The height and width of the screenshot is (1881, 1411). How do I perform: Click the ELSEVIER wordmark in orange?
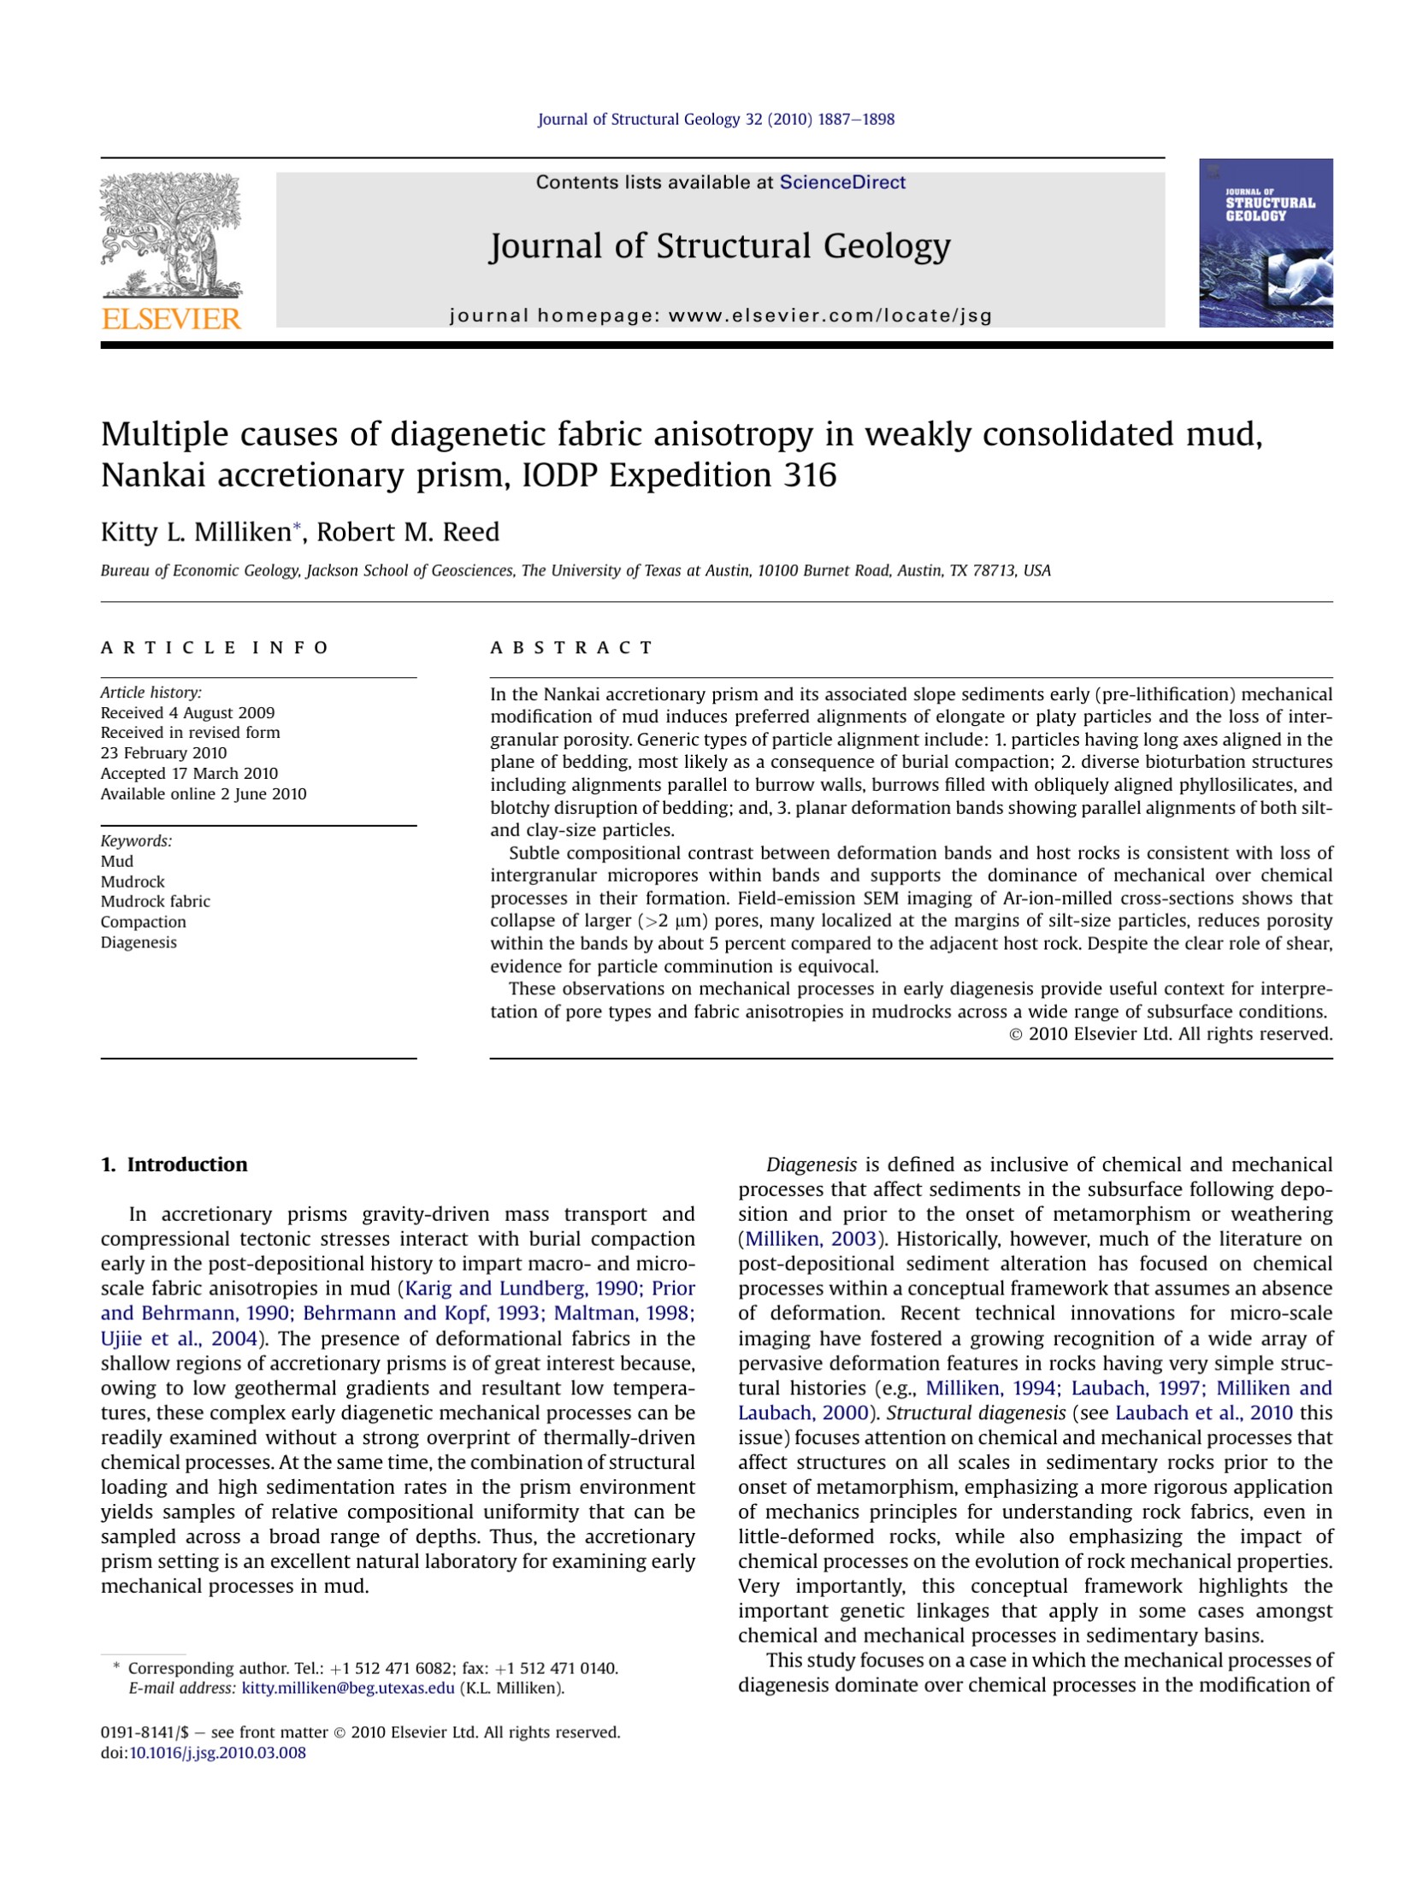pyautogui.click(x=171, y=319)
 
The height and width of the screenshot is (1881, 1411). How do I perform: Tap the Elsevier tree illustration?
pyautogui.click(x=171, y=234)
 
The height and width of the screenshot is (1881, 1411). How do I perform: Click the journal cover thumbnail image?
pyautogui.click(x=1265, y=243)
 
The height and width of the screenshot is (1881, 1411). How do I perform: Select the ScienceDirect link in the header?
pyautogui.click(x=841, y=182)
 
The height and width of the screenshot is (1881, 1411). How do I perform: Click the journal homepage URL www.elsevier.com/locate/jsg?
pyautogui.click(x=829, y=315)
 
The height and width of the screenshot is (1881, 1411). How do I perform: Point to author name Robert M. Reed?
pyautogui.click(x=408, y=532)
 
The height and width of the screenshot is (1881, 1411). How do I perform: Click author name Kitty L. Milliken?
pyautogui.click(x=196, y=532)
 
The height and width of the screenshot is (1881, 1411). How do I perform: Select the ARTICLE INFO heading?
pyautogui.click(x=215, y=647)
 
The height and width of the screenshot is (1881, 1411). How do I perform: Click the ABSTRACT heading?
pyautogui.click(x=570, y=647)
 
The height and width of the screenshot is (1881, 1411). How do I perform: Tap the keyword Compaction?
pyautogui.click(x=143, y=922)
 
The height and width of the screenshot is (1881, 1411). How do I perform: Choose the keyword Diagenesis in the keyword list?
pyautogui.click(x=139, y=942)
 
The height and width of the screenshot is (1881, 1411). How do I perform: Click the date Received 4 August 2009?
pyautogui.click(x=187, y=712)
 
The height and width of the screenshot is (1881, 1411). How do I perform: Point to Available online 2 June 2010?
pyautogui.click(x=204, y=793)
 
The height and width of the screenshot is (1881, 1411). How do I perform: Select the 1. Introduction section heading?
pyautogui.click(x=174, y=1165)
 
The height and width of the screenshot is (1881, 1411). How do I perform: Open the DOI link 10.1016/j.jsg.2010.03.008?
pyautogui.click(x=217, y=1753)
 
